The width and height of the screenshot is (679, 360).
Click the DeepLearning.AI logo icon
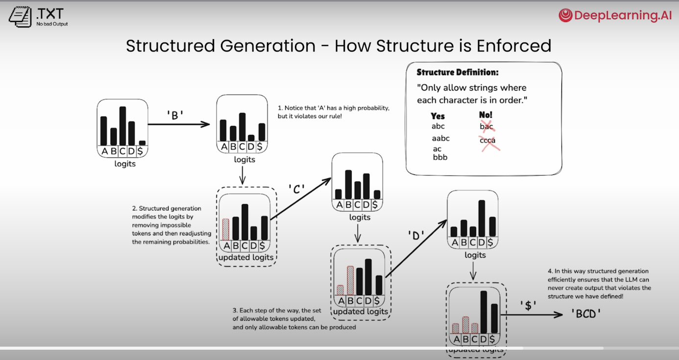tap(566, 16)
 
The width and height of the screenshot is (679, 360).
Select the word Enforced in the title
tap(515, 46)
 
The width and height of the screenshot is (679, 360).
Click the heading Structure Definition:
tap(458, 72)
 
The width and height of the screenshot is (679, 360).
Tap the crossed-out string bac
tap(486, 127)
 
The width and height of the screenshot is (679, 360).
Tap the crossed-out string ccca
tap(487, 141)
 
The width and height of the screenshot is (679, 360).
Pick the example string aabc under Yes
tap(440, 139)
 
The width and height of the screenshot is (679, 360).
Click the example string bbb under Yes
tap(440, 157)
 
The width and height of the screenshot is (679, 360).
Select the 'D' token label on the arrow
tap(415, 236)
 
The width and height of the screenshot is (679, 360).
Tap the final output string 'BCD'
tap(586, 314)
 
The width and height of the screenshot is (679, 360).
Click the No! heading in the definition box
tap(485, 115)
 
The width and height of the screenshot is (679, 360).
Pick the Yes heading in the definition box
tap(437, 117)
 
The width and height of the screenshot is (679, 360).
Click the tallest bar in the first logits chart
tap(122, 126)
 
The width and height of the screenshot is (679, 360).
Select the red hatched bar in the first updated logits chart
tap(226, 229)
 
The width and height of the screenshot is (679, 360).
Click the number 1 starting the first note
tap(280, 108)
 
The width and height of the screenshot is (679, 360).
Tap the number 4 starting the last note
tap(549, 271)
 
